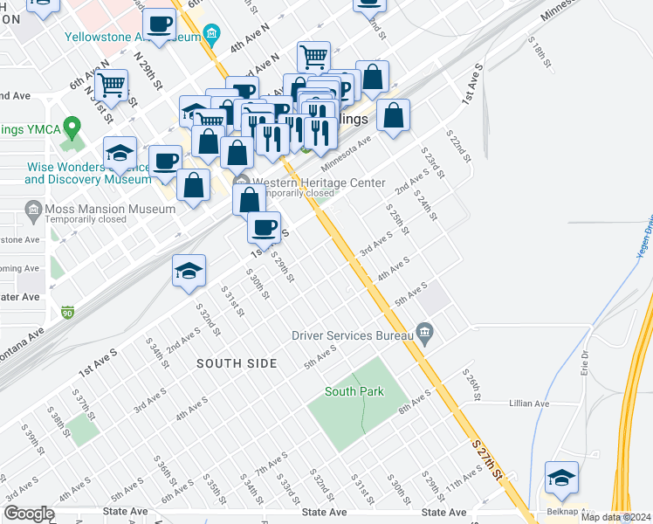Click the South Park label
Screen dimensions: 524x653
pyautogui.click(x=354, y=391)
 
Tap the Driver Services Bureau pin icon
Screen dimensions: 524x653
pyautogui.click(x=425, y=332)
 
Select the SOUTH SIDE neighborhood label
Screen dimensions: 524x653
pyautogui.click(x=236, y=362)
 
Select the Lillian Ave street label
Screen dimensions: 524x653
pyautogui.click(x=530, y=403)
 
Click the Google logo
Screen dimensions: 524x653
pyautogui.click(x=29, y=514)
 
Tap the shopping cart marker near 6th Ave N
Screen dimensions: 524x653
pyautogui.click(x=112, y=85)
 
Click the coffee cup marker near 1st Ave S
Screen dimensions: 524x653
pyautogui.click(x=264, y=227)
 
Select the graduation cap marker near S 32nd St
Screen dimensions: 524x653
pyautogui.click(x=189, y=270)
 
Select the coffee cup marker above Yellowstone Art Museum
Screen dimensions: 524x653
pyautogui.click(x=159, y=24)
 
